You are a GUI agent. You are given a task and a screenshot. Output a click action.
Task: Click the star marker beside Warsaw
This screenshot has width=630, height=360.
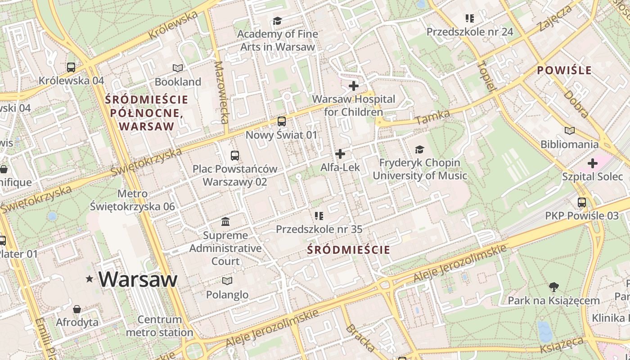click(90, 279)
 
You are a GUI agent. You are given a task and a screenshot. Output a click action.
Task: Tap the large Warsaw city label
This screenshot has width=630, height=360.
click(138, 279)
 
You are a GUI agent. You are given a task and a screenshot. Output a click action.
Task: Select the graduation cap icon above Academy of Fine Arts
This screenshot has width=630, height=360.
click(277, 21)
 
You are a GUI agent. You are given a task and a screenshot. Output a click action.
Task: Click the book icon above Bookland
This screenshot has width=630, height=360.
click(178, 68)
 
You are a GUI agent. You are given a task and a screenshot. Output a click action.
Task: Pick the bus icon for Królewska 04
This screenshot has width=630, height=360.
click(71, 67)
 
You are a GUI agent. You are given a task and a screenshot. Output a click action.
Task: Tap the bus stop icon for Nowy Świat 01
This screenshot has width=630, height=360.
click(281, 121)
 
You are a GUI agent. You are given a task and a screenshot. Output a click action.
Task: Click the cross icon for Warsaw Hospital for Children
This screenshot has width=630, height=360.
click(354, 85)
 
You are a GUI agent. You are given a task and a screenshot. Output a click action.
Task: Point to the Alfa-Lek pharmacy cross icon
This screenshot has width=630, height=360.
click(340, 154)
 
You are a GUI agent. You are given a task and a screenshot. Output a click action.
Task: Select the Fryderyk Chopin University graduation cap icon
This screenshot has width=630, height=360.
click(419, 149)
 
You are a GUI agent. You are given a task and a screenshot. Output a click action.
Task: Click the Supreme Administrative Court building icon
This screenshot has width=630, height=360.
click(225, 221)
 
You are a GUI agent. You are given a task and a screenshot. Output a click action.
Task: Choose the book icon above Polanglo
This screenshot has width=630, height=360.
click(227, 281)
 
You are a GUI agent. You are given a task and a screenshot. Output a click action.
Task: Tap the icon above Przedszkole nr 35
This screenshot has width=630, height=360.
click(319, 216)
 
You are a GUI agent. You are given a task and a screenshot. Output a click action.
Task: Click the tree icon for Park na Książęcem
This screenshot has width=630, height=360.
click(554, 287)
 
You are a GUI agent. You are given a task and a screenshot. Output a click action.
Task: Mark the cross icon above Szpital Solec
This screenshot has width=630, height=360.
click(592, 163)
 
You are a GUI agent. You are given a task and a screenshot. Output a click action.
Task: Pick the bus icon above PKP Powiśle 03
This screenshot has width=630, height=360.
click(582, 202)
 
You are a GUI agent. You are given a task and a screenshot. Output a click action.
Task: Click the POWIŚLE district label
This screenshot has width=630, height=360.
click(564, 71)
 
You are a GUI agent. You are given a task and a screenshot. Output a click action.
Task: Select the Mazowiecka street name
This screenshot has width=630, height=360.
click(222, 92)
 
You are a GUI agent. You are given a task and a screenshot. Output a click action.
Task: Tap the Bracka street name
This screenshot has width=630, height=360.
click(360, 337)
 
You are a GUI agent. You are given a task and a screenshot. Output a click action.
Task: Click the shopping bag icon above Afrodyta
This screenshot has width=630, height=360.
click(77, 309)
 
